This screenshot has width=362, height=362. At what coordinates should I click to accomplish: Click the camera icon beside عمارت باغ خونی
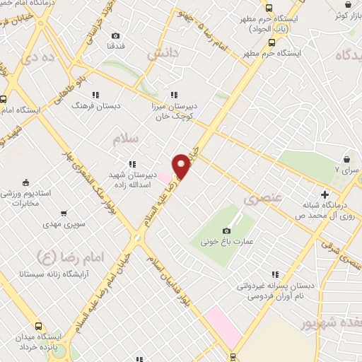[x=227, y=230]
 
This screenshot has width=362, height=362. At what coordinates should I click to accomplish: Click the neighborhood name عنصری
[x=262, y=199]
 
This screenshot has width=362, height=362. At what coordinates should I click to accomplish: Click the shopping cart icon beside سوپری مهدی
[x=64, y=212]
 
